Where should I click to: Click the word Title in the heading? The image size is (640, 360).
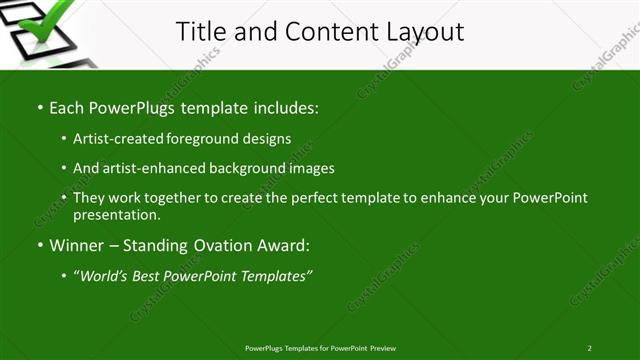coord(201,32)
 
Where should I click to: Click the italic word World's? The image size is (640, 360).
coord(105,275)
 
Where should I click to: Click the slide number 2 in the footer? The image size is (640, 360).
coord(589,348)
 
